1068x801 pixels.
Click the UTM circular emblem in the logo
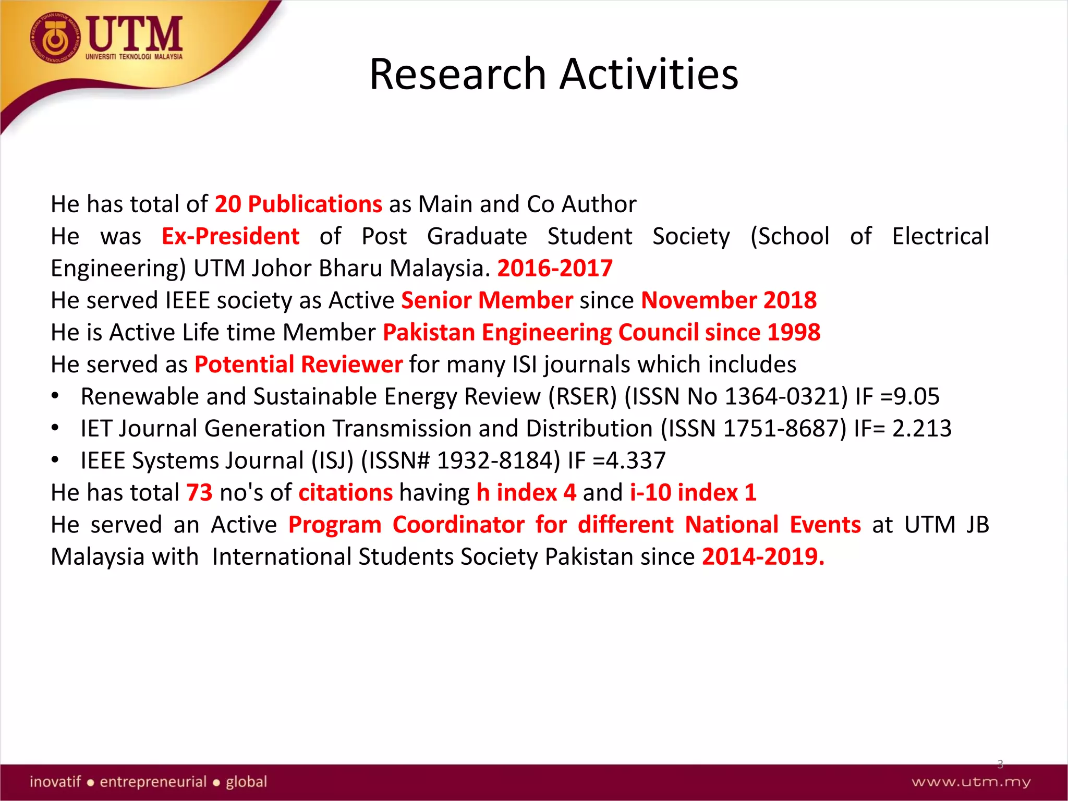click(55, 38)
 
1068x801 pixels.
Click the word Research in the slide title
click(457, 74)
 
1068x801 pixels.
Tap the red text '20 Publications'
click(298, 204)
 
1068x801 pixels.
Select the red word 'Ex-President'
click(230, 236)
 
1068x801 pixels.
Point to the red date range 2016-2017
click(555, 268)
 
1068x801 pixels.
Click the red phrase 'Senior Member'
click(487, 300)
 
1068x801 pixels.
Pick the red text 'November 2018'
click(729, 300)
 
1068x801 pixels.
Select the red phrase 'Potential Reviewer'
click(298, 365)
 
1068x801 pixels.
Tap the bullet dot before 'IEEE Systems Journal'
click(55, 460)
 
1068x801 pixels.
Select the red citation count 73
click(199, 493)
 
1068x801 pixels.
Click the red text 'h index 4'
click(526, 493)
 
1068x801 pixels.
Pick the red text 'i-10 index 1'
click(693, 493)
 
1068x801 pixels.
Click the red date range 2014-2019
click(762, 557)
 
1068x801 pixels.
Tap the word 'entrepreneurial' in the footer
click(153, 782)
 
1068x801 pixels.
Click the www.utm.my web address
click(971, 782)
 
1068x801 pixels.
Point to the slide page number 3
click(1000, 764)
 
